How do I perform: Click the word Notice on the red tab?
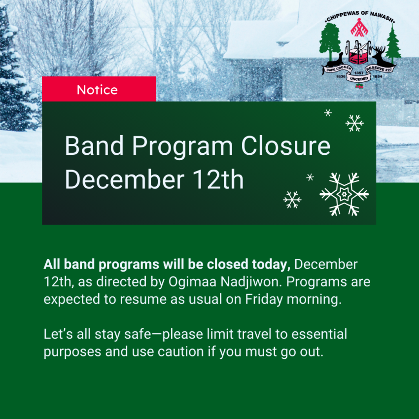tap(97, 90)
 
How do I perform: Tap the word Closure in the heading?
tap(285, 146)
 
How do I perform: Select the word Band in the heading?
tap(94, 146)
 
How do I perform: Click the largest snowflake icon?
tap(344, 194)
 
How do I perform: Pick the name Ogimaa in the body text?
tap(192, 282)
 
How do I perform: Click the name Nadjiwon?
tap(251, 282)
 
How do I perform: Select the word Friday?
tap(264, 299)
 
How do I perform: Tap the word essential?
tap(319, 334)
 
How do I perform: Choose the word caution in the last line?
tap(180, 352)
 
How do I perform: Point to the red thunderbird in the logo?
tap(359, 27)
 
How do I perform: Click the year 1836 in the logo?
tap(341, 76)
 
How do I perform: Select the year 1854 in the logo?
tap(377, 76)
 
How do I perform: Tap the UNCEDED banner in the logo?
tap(359, 78)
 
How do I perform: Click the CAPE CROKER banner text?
tap(338, 69)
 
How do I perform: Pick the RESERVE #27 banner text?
tap(379, 69)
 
